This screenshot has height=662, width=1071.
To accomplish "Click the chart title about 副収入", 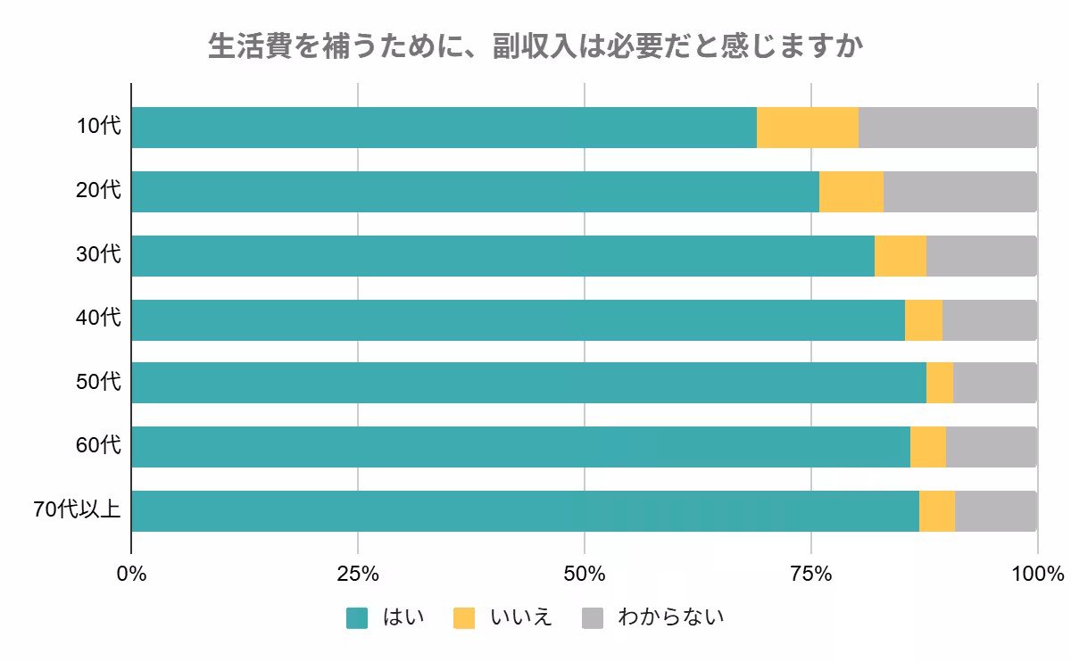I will [x=535, y=46].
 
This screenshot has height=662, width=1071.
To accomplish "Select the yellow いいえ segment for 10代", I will [x=808, y=128].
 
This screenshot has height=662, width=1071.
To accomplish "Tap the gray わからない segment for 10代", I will [x=947, y=128].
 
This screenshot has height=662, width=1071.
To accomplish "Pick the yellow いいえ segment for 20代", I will [x=851, y=192].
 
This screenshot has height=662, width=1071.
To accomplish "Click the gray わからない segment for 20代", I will [x=959, y=192].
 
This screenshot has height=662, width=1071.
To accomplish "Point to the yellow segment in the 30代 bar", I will [x=901, y=256].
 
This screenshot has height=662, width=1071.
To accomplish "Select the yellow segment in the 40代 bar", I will [x=924, y=320].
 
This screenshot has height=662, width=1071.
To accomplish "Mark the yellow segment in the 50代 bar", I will [x=940, y=383].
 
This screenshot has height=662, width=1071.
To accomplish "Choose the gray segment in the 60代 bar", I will [x=991, y=447].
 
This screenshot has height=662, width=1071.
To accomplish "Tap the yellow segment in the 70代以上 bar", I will [x=937, y=511].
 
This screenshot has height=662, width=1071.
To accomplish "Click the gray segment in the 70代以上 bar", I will [x=995, y=511].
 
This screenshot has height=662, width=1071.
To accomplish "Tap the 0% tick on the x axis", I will [x=132, y=574].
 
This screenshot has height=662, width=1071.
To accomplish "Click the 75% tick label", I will [x=811, y=574].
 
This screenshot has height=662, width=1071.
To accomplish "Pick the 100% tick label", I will [x=1037, y=574].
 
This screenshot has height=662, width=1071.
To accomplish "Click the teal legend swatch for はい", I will [x=357, y=617].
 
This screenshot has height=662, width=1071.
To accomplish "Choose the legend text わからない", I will [x=670, y=617].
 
